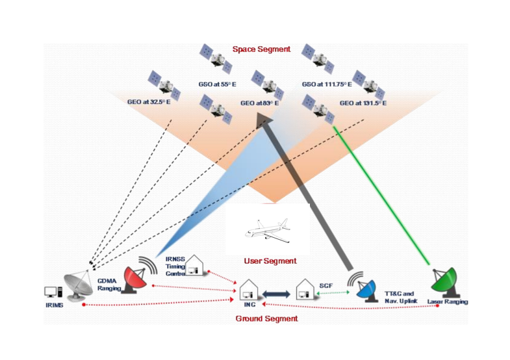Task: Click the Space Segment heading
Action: (x=261, y=49)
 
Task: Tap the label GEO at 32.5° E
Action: (x=153, y=101)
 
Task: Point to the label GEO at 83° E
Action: (x=259, y=103)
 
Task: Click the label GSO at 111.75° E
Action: (x=326, y=84)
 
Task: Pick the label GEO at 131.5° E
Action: (x=363, y=103)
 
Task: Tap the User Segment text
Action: (x=270, y=261)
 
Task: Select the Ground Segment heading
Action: (x=266, y=318)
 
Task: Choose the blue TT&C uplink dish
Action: (x=366, y=289)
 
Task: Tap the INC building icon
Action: (x=249, y=290)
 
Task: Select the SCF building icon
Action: (x=305, y=290)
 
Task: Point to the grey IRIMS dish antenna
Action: (x=77, y=286)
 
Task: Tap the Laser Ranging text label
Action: (x=448, y=302)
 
